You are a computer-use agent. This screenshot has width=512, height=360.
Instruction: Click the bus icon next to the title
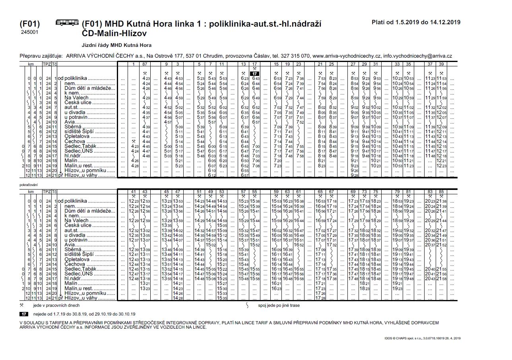click(67, 23)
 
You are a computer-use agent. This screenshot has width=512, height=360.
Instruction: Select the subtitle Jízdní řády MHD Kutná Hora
click(116, 45)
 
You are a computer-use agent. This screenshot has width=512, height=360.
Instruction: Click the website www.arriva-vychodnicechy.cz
click(347, 56)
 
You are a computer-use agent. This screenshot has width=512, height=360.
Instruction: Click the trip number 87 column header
click(145, 64)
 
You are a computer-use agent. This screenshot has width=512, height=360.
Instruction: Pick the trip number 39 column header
click(441, 64)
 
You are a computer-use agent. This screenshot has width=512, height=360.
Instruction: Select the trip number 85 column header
click(441, 192)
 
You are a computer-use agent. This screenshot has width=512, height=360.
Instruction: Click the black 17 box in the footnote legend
click(23, 314)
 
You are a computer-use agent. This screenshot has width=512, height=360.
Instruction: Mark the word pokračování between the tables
click(28, 185)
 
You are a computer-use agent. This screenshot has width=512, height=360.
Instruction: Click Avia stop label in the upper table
click(70, 122)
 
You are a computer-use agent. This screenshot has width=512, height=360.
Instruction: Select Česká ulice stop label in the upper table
click(78, 103)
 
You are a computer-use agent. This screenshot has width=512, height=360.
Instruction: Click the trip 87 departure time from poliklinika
click(145, 79)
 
